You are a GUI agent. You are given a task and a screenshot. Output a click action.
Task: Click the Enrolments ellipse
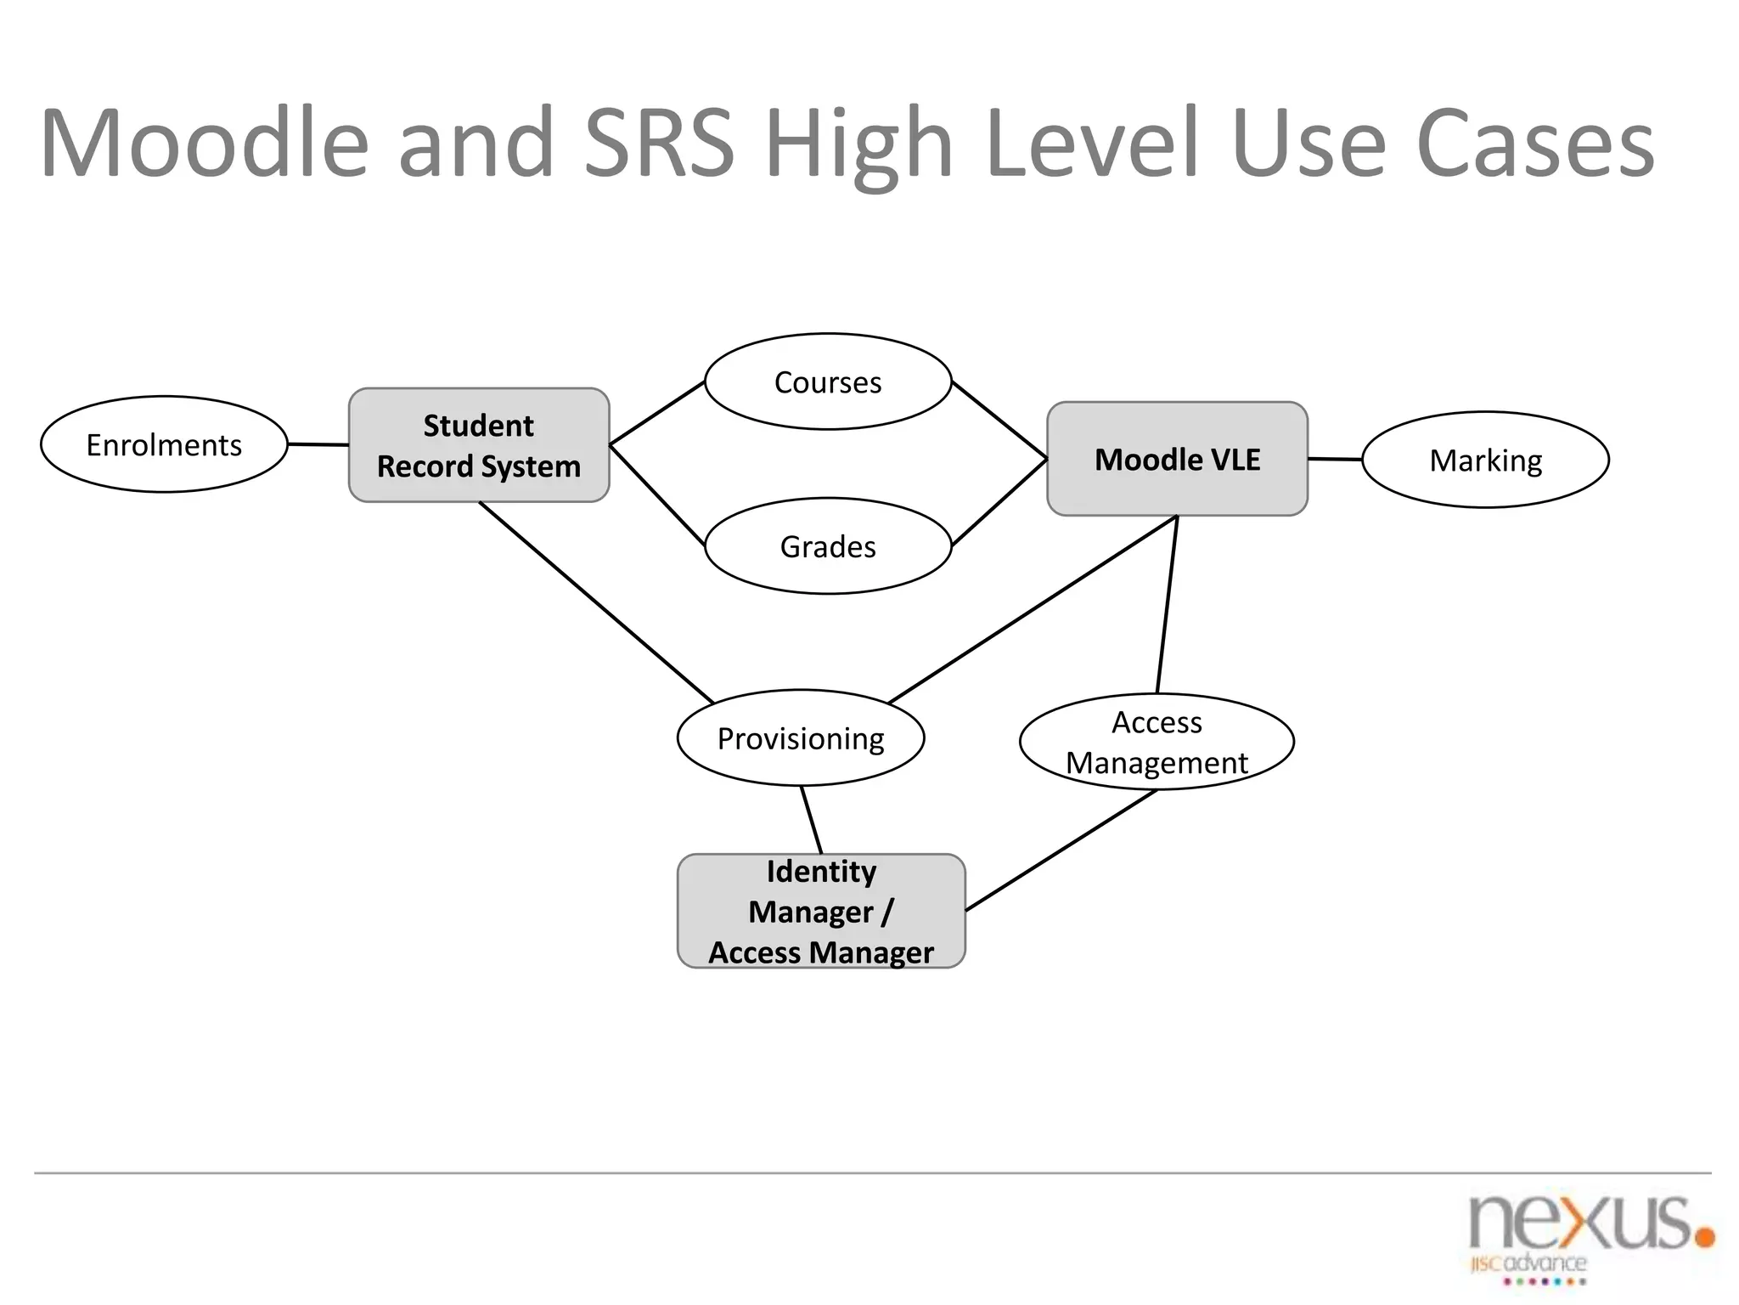(x=164, y=444)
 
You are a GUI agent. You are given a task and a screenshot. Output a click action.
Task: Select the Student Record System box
(x=479, y=445)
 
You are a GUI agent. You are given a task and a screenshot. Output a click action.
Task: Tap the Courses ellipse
(x=828, y=381)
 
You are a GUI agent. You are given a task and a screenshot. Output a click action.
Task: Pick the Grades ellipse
(x=828, y=546)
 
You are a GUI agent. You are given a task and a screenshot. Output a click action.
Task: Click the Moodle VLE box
(x=1177, y=459)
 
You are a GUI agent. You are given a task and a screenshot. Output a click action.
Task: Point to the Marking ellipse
(x=1485, y=460)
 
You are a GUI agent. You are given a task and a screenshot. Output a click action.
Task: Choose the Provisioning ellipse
(x=801, y=737)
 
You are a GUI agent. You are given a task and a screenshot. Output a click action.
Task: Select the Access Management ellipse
(x=1157, y=742)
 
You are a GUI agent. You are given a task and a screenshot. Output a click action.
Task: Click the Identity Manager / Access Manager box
(x=821, y=911)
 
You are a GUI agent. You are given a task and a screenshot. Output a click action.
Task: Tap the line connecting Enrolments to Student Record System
(x=318, y=444)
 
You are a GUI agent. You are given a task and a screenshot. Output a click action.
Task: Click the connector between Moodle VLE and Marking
(x=1335, y=460)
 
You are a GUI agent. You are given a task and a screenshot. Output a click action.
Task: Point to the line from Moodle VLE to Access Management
(x=1168, y=604)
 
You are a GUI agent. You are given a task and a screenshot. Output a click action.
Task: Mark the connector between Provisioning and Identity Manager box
(x=812, y=820)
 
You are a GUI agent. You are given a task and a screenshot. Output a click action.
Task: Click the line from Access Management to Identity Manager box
(x=1061, y=850)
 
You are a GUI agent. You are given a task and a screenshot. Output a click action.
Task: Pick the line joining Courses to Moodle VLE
(x=999, y=421)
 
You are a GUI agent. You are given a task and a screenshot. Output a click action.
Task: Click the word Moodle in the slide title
(x=204, y=143)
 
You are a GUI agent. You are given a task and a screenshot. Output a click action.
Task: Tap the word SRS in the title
(x=659, y=143)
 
